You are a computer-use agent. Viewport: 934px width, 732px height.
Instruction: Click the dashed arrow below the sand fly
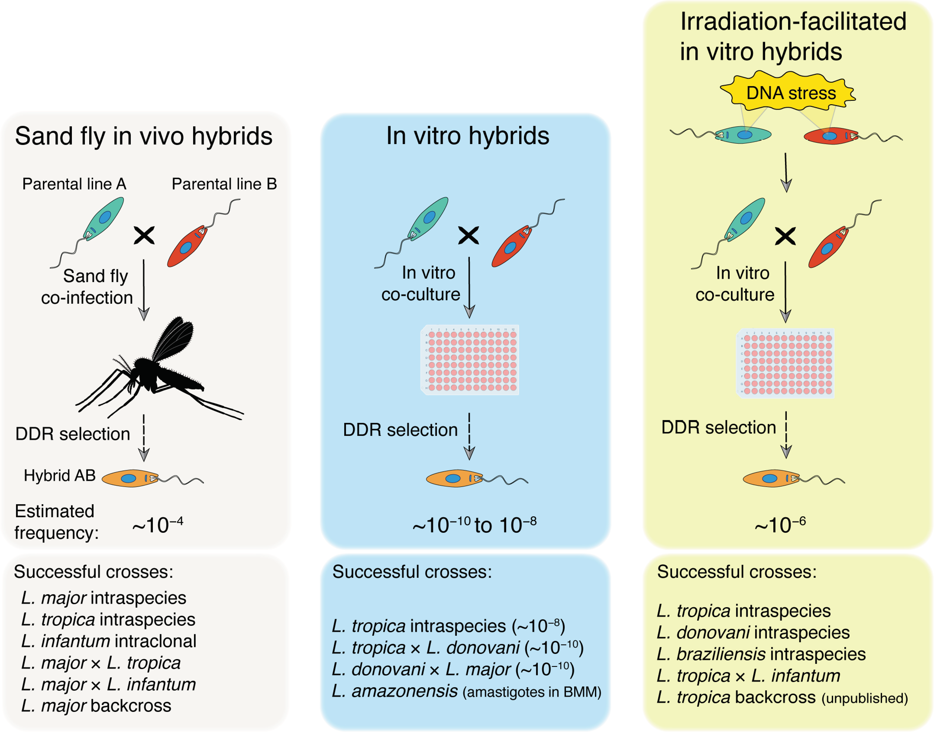click(144, 437)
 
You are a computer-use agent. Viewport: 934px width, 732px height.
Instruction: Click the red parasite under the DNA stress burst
click(830, 136)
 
